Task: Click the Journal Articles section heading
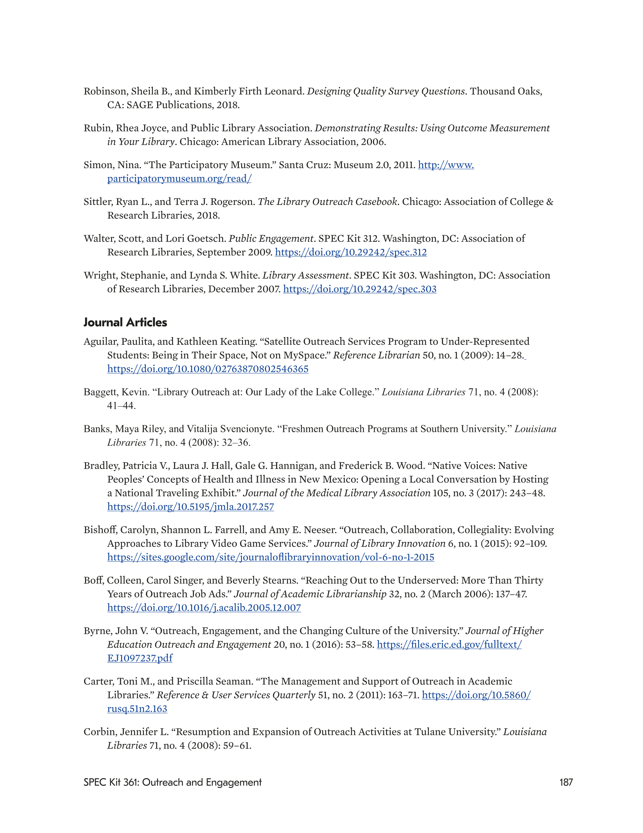pos(125,322)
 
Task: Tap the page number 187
pos(566,782)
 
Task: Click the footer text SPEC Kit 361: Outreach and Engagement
pos(172,782)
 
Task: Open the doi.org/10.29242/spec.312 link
pos(351,252)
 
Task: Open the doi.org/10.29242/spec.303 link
pos(359,289)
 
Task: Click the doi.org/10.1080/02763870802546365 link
pos(208,369)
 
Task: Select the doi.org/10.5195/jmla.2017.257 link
pos(190,507)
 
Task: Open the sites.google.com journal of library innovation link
pos(271,557)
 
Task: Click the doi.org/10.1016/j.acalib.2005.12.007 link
pos(204,608)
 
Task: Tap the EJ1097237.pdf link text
pos(139,658)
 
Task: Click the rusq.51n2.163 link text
pos(137,709)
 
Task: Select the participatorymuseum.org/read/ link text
pos(179,179)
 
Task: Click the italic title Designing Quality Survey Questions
pos(386,92)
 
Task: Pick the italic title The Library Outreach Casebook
pos(327,202)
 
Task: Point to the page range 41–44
pos(121,406)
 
